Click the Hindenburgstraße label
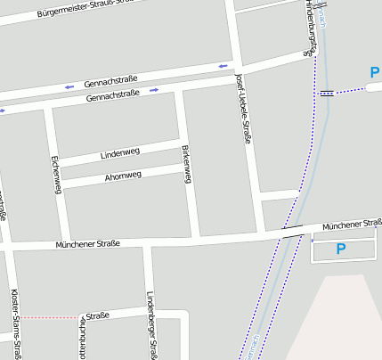(312, 27)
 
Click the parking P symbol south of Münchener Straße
(340, 250)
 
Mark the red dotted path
(49, 317)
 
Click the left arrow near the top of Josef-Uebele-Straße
(223, 66)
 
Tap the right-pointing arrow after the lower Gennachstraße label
(154, 90)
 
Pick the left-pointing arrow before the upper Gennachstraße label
(69, 86)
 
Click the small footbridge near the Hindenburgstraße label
(327, 92)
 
